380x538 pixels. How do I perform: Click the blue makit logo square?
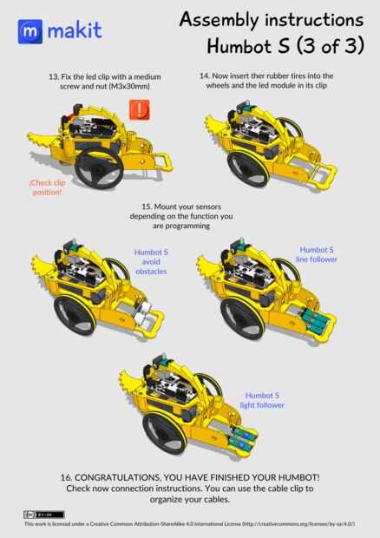click(x=30, y=31)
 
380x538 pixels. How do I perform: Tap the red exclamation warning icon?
click(x=139, y=110)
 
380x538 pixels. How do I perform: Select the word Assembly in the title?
click(x=219, y=20)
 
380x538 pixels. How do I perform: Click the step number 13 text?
click(x=54, y=77)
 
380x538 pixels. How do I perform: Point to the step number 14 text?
click(x=205, y=75)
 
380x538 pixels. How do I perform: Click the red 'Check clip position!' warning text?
click(x=47, y=187)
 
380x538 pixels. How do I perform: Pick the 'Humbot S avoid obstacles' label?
click(x=151, y=262)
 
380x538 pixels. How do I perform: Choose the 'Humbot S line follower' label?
click(x=317, y=254)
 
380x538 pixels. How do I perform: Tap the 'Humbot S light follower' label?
click(x=262, y=400)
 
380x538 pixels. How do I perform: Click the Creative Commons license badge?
click(x=43, y=515)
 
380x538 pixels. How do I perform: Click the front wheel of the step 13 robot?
click(x=100, y=168)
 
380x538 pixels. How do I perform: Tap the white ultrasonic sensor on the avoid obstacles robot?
click(x=142, y=312)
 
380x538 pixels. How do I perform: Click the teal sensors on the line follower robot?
click(x=314, y=320)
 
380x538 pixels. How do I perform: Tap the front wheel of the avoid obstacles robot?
click(x=75, y=315)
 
